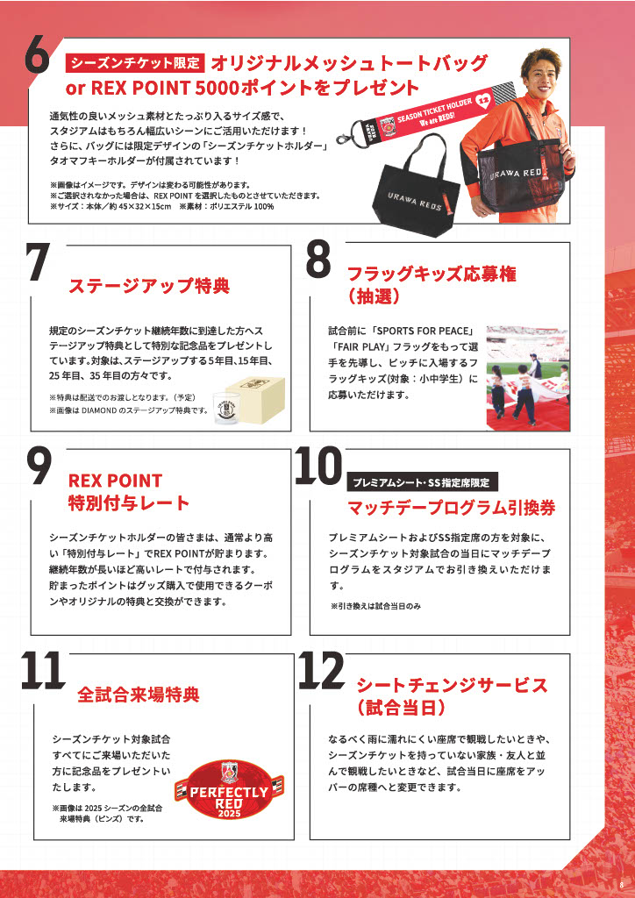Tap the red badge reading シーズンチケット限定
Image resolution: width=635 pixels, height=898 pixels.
point(135,63)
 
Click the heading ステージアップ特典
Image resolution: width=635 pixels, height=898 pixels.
point(149,286)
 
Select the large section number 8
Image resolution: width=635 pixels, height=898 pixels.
point(318,260)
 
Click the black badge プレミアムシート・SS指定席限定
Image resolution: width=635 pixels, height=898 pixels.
point(423,482)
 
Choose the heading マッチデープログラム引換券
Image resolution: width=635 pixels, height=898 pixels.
point(452,508)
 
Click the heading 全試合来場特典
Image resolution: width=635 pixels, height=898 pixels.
point(139,695)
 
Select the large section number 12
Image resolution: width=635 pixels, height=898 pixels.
point(322,671)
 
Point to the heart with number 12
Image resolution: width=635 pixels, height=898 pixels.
point(484,101)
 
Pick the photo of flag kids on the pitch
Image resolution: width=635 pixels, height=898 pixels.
point(527,378)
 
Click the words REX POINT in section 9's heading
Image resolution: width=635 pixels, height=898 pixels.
point(115,481)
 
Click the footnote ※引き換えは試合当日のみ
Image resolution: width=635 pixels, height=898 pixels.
point(375,606)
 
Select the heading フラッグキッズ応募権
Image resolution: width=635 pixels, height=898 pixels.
point(432,274)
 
